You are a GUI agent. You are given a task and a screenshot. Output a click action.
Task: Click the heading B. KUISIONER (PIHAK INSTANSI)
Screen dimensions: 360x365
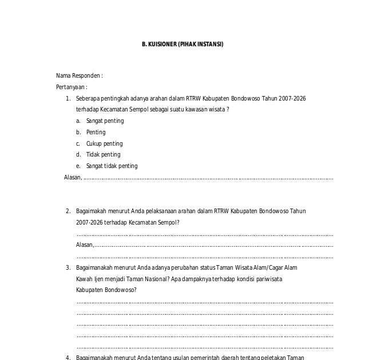182,43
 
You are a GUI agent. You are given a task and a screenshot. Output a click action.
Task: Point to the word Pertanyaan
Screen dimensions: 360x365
70,87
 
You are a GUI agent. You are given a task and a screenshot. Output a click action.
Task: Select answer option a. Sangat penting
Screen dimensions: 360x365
105,121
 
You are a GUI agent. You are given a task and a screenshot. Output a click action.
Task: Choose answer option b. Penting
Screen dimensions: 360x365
96,132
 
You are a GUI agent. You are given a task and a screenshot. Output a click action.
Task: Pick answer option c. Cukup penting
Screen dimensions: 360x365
104,143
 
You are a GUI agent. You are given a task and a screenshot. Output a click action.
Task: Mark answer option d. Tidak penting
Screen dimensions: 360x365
103,154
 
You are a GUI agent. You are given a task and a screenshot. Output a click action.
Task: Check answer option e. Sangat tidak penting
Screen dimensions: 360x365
112,166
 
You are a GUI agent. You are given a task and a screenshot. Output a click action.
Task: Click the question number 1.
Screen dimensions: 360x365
68,98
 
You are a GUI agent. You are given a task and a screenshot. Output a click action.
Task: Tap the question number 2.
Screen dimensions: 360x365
68,211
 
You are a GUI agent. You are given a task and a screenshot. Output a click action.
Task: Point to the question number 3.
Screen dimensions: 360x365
68,267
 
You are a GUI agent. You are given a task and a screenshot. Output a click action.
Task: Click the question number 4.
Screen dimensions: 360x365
68,358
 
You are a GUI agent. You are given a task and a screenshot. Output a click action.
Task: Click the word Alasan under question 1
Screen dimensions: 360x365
73,177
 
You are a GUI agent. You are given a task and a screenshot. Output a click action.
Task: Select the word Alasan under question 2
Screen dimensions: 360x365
84,245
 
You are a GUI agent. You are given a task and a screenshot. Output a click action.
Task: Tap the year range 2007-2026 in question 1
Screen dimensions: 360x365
292,98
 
